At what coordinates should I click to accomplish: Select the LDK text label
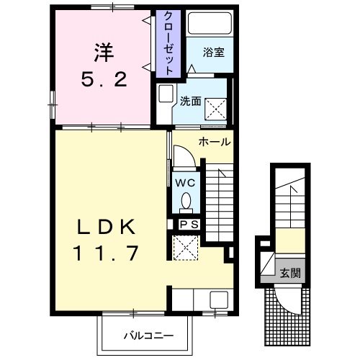point(107,228)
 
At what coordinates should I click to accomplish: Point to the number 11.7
point(106,253)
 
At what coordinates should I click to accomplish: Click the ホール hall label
point(214,141)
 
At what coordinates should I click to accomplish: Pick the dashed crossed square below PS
point(184,247)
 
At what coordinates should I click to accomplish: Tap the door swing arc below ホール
point(184,154)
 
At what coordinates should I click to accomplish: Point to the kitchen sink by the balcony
point(219,300)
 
